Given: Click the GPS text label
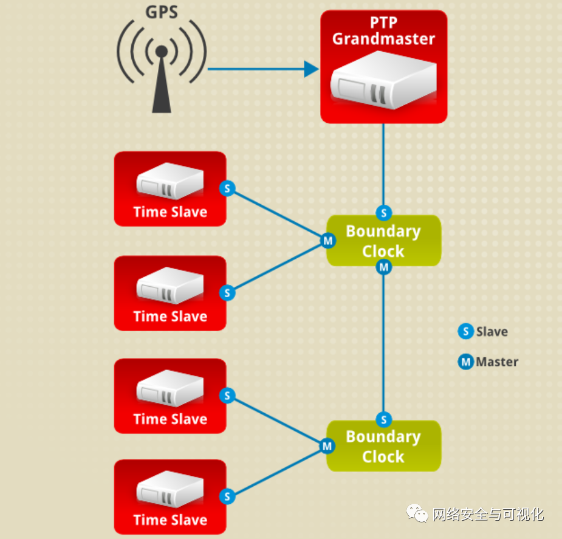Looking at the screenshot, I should pos(161,12).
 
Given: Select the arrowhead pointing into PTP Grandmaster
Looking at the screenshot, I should pos(311,69).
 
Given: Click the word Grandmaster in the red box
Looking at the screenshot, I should pos(383,39).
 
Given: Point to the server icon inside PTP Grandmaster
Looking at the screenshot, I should pos(383,82).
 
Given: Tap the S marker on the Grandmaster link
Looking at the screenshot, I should pos(383,213).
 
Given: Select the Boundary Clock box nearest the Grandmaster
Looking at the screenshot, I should pos(383,241).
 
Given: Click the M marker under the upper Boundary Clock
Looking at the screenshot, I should pos(383,267).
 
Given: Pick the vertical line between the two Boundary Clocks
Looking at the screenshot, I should pos(383,340).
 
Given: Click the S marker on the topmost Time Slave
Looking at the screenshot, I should pos(227,188).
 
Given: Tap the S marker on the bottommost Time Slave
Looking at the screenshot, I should pos(227,496).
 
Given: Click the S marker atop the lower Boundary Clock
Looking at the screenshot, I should pos(383,419).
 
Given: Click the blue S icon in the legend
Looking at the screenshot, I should pos(465,332).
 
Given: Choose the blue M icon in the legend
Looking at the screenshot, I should pos(465,362).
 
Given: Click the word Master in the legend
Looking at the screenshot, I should pos(497,362).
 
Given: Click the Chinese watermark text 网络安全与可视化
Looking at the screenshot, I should pos(487,515).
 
